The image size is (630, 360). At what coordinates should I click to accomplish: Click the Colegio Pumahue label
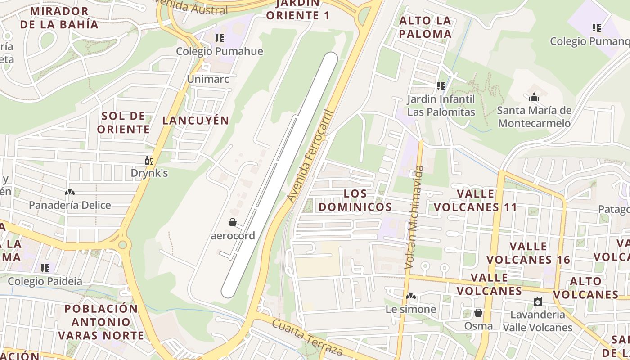[219, 51]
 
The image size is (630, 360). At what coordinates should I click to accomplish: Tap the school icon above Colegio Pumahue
[219, 38]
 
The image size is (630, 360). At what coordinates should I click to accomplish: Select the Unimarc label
[208, 79]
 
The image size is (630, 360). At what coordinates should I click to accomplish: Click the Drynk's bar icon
[149, 161]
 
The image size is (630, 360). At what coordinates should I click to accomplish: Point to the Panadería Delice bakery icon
[69, 193]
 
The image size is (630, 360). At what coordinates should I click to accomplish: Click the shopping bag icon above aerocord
[233, 222]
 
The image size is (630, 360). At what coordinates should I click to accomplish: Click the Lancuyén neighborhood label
[196, 121]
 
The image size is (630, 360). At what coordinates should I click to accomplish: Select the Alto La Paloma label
[425, 27]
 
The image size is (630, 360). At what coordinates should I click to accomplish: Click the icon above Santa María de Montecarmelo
[534, 97]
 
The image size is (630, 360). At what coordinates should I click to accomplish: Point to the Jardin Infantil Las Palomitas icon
[441, 85]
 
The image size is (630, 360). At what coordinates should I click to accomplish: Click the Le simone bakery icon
[410, 296]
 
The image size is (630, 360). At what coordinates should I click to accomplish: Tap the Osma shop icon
[478, 313]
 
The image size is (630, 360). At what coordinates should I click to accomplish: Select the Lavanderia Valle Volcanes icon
[537, 301]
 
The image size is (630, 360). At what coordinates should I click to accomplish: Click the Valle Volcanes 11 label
[475, 201]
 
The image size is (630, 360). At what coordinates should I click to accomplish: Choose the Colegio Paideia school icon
[45, 268]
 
